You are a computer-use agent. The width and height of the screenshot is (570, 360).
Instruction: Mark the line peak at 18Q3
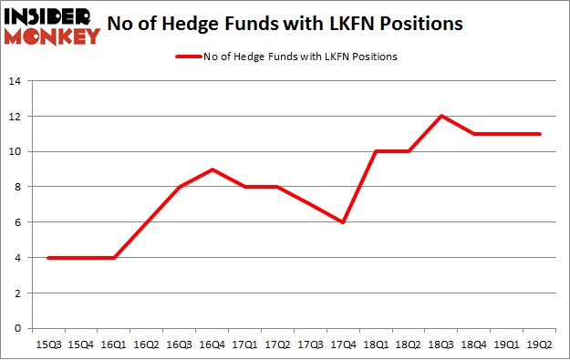click(442, 116)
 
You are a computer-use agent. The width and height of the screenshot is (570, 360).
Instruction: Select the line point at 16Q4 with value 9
click(212, 170)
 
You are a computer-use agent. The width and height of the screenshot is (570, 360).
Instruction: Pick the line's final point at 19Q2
click(542, 134)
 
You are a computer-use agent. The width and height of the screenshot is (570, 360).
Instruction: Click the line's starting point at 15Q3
click(47, 258)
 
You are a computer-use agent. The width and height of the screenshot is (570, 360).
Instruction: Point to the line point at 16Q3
click(180, 187)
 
